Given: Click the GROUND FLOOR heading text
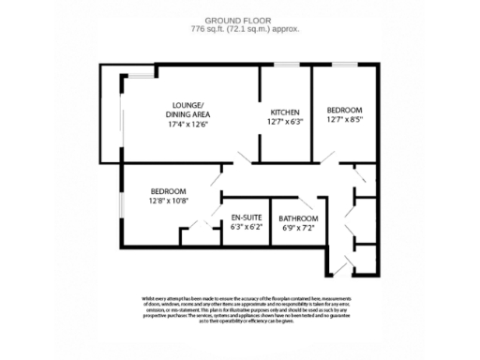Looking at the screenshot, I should point(239,18).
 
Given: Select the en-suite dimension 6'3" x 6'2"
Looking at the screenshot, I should point(246,226).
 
